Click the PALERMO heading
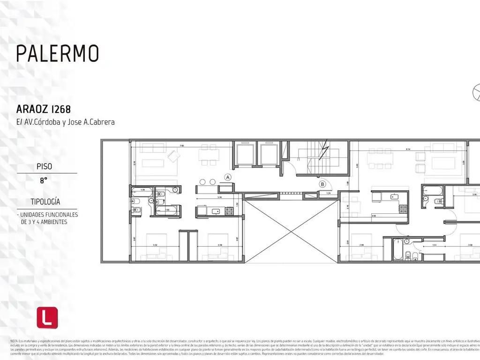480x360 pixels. (x=58, y=53)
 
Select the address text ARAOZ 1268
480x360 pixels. (x=44, y=109)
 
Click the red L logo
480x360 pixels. (x=47, y=317)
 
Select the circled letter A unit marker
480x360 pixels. (x=228, y=177)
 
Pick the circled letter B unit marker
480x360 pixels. (x=322, y=184)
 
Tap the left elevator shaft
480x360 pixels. (x=246, y=154)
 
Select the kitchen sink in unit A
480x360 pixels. (x=216, y=211)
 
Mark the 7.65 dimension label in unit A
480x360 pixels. (x=181, y=146)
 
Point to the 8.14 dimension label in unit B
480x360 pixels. (x=409, y=149)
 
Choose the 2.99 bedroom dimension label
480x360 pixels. (x=361, y=244)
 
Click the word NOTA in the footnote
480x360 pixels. (x=14, y=340)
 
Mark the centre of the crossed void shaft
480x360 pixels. (x=291, y=231)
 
